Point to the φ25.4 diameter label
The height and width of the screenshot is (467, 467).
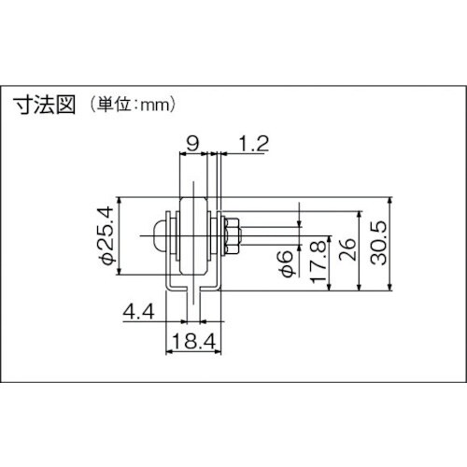click(106, 233)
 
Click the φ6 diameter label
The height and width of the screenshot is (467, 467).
click(290, 264)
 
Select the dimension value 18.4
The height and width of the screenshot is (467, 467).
click(192, 344)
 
